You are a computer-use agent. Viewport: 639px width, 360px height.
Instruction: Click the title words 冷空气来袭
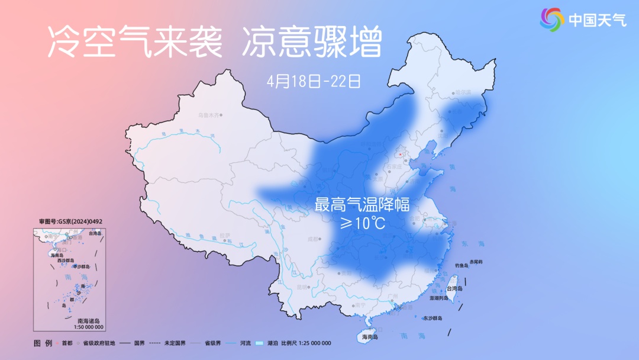(x=134, y=43)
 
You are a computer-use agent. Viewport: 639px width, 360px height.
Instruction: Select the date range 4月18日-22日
(x=314, y=81)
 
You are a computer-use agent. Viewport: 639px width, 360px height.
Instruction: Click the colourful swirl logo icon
(x=552, y=20)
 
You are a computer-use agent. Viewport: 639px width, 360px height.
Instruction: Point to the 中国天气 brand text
(x=598, y=20)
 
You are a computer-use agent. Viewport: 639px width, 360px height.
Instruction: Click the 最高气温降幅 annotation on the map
(x=362, y=205)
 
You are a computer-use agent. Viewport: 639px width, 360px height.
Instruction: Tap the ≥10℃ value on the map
(x=362, y=224)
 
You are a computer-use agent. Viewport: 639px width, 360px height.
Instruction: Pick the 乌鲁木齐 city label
(x=208, y=114)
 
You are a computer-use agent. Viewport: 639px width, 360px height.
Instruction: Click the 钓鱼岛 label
(x=462, y=266)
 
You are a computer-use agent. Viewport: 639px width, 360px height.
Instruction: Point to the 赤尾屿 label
(x=476, y=261)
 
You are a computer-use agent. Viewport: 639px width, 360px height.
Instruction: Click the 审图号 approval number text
(x=71, y=221)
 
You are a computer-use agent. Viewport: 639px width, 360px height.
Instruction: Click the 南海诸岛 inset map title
(x=89, y=320)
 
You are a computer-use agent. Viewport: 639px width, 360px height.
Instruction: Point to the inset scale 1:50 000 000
(x=89, y=327)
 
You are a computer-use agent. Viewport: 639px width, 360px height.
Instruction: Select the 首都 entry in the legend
(x=66, y=343)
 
